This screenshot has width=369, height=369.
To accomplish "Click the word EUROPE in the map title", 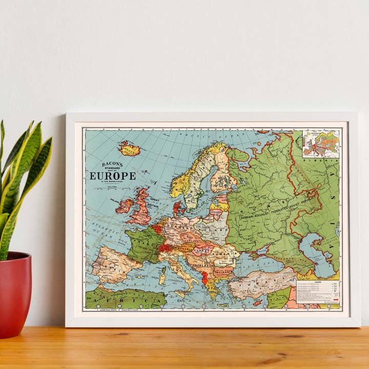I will (113, 176).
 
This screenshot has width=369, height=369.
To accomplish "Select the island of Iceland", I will (129, 149).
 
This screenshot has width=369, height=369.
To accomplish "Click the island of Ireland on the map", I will (124, 206).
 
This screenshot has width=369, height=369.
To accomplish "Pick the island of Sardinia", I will (162, 276).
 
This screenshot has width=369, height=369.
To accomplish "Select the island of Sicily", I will (182, 293).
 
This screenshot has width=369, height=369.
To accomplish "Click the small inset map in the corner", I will (320, 143).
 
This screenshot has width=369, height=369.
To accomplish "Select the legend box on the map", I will (319, 294).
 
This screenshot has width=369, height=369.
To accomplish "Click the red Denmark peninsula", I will (177, 208).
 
